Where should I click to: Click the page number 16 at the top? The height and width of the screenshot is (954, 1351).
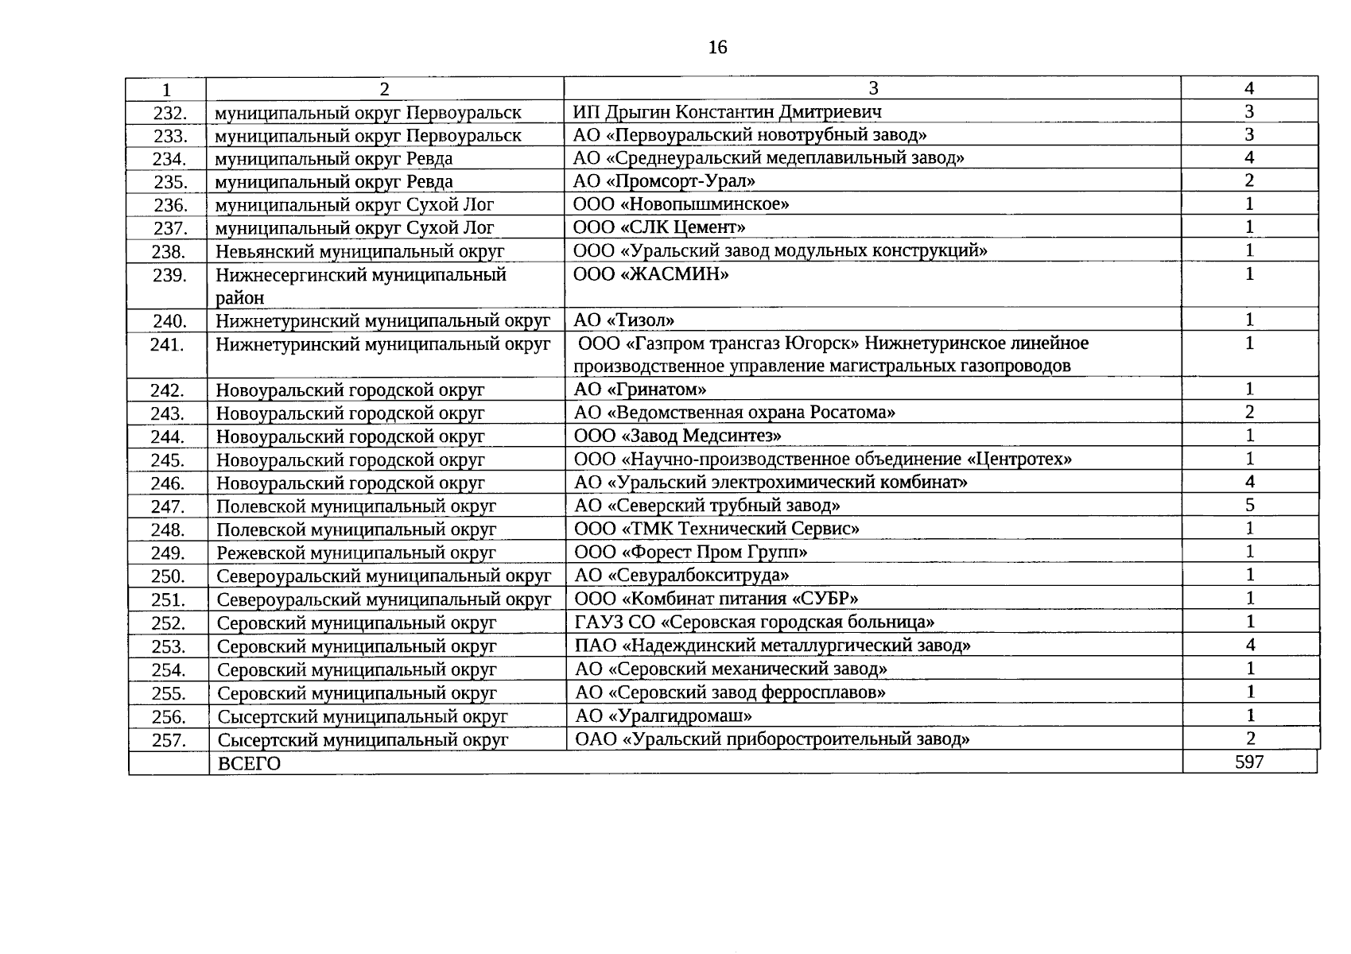pyautogui.click(x=716, y=48)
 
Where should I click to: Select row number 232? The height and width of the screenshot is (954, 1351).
pyautogui.click(x=169, y=113)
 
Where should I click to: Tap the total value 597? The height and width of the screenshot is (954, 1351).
pyautogui.click(x=1249, y=762)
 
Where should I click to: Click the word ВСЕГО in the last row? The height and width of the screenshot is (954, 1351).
pyautogui.click(x=250, y=763)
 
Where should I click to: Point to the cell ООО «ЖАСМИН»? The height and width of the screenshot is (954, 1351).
pyautogui.click(x=650, y=275)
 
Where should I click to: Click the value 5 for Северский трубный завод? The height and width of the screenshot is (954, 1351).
pyautogui.click(x=1249, y=505)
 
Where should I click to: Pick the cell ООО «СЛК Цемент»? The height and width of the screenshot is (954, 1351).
pyautogui.click(x=659, y=227)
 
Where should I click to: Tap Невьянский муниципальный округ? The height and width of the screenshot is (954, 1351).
pyautogui.click(x=360, y=252)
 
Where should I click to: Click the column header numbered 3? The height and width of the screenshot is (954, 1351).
pyautogui.click(x=872, y=88)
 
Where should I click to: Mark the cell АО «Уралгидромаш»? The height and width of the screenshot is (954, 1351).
pyautogui.click(x=663, y=715)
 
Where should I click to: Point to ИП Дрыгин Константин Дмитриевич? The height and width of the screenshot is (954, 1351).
pyautogui.click(x=727, y=112)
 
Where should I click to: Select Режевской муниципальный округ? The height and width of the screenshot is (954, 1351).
pyautogui.click(x=356, y=553)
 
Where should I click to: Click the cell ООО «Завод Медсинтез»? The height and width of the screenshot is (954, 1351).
pyautogui.click(x=677, y=436)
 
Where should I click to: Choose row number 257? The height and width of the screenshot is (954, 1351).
pyautogui.click(x=169, y=740)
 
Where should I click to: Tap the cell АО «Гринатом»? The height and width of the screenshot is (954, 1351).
pyautogui.click(x=640, y=390)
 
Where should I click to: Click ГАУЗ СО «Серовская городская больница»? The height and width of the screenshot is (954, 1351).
pyautogui.click(x=754, y=622)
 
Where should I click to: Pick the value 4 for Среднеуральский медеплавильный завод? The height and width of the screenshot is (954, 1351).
pyautogui.click(x=1249, y=157)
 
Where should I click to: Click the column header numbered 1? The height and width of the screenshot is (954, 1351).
pyautogui.click(x=166, y=89)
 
